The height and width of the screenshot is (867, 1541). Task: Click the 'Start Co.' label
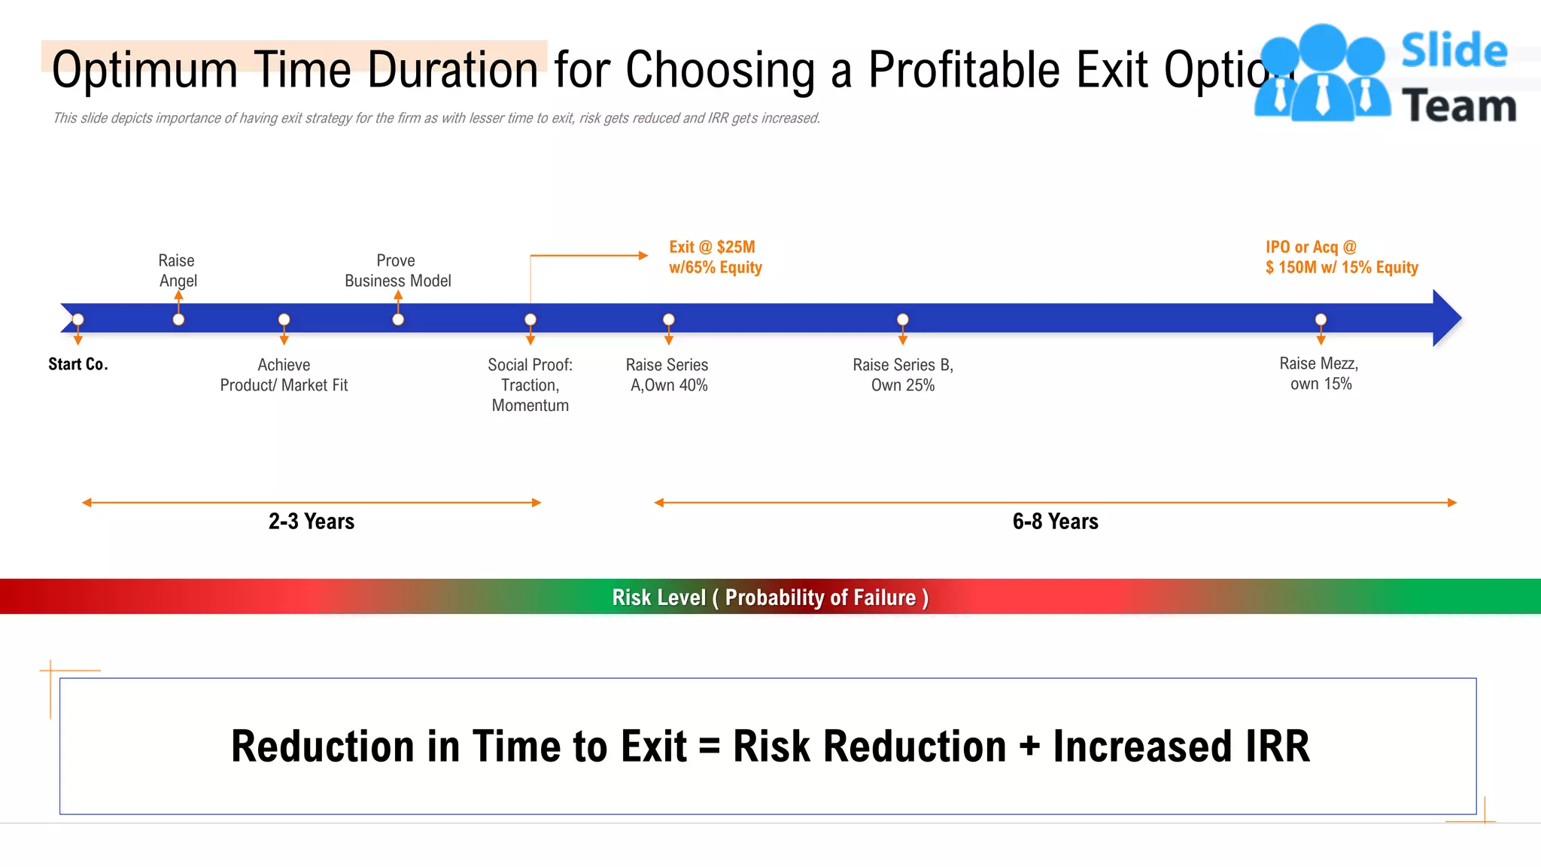78,364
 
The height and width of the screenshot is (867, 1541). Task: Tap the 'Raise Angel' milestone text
178,270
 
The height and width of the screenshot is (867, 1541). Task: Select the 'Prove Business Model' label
397,270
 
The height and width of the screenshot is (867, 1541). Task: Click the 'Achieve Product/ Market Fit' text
284,375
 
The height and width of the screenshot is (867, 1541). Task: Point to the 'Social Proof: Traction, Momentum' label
530,385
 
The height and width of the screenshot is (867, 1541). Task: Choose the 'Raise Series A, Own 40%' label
667,375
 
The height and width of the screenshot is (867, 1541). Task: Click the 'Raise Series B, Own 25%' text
902,375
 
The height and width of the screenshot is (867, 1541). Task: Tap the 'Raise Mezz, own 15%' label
1319,373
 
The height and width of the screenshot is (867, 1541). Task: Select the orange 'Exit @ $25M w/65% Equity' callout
715,257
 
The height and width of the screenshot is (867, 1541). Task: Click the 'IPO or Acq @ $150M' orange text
1341,257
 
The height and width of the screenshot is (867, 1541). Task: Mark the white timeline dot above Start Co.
78,320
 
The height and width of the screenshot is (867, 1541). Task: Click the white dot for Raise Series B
902,320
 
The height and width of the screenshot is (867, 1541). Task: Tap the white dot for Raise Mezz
1321,320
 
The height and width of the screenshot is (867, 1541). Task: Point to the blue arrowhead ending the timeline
1446,318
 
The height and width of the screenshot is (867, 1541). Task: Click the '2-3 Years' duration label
312,522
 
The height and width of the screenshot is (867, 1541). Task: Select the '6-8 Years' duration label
1055,522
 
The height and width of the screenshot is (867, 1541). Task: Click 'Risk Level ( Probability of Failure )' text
770,598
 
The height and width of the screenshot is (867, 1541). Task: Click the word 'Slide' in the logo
1454,51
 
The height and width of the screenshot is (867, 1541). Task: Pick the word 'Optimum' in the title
144,70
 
